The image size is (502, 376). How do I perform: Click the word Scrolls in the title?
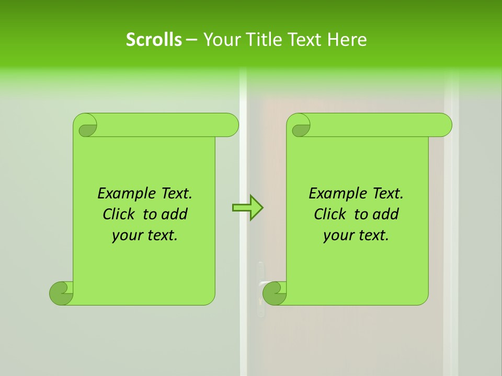click(x=154, y=40)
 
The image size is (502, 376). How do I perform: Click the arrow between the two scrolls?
click(x=247, y=208)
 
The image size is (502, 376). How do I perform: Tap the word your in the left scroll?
click(x=125, y=236)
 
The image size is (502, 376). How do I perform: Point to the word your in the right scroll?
click(x=337, y=236)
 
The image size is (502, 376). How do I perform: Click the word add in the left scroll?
click(x=174, y=214)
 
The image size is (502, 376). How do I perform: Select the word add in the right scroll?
click(x=385, y=214)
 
